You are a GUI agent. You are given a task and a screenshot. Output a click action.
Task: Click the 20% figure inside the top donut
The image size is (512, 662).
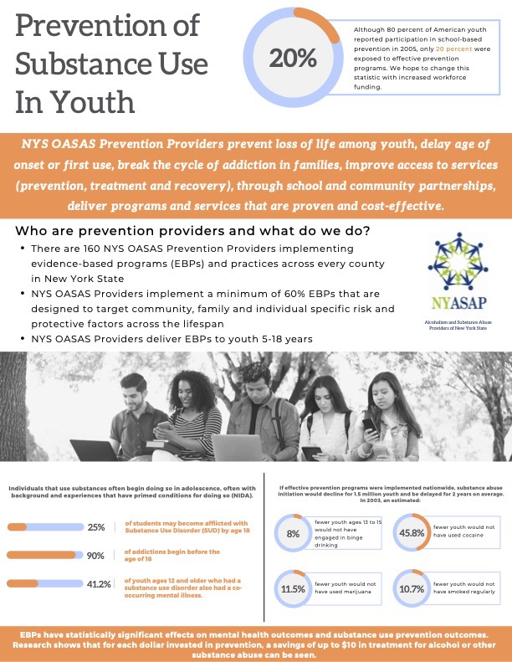tap(293, 59)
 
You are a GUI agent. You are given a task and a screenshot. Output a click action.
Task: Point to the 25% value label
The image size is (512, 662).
tap(96, 527)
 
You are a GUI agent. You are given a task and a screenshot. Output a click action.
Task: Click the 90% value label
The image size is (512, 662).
tap(96, 555)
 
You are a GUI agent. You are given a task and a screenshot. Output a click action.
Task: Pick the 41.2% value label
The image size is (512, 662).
tap(100, 583)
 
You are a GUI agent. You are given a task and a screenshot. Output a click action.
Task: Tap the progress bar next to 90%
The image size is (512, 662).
tap(44, 555)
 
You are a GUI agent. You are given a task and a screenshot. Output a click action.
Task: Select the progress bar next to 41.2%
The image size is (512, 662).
tap(44, 583)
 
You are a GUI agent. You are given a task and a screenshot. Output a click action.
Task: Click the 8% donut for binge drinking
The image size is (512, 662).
tap(293, 533)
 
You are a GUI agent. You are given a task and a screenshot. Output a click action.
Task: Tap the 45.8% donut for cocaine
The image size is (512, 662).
tap(410, 533)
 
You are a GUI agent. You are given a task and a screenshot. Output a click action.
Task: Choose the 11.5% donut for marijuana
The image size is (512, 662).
tap(293, 588)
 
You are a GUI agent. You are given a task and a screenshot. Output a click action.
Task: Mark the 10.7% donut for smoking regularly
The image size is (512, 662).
tap(410, 588)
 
